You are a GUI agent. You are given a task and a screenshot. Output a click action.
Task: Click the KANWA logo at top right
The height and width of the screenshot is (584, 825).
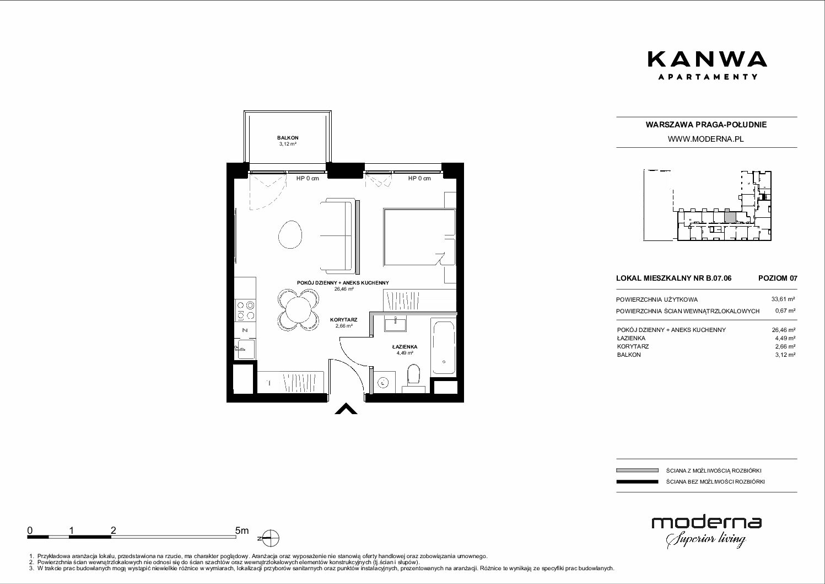707,65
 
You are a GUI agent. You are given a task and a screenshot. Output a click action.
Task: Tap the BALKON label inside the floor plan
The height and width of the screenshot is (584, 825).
288,138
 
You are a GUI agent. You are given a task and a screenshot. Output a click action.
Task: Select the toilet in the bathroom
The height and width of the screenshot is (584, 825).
414,376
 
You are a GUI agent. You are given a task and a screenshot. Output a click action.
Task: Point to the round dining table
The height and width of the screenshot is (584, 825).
298,309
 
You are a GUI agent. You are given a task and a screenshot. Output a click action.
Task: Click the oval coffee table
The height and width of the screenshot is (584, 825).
290,234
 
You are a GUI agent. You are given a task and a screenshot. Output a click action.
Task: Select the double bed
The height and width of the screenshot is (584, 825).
419,237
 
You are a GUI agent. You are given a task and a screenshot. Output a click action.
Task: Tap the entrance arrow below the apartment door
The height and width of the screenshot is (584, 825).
346,409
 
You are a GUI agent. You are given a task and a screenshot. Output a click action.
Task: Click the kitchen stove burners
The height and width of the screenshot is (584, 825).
246,310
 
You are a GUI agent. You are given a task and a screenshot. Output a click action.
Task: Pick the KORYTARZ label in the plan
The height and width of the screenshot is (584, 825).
344,320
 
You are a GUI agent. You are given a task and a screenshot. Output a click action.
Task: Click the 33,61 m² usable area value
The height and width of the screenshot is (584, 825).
783,299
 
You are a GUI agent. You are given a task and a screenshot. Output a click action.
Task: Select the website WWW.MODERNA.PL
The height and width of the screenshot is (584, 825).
705,139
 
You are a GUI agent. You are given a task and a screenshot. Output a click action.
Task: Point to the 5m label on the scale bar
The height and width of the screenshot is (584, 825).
242,530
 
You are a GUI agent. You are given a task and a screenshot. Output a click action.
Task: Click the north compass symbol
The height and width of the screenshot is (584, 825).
271,538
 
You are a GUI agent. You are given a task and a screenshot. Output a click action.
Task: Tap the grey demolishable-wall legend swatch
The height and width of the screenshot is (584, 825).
637,470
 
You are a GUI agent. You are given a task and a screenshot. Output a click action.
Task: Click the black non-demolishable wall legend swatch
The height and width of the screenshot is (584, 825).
637,481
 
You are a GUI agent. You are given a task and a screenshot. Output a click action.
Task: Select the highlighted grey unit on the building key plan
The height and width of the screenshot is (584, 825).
730,217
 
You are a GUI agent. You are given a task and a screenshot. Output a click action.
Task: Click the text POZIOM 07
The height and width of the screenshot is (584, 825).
778,278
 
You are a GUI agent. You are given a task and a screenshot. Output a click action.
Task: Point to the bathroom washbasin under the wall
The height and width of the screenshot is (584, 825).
395,324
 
